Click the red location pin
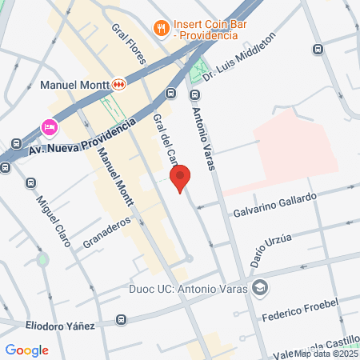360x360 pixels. pos(180,178)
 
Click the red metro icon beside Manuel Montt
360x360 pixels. pos(119,83)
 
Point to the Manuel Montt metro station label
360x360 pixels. pos(74,83)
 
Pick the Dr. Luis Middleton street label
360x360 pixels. pos(239,56)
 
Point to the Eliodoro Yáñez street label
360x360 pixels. pos(59,326)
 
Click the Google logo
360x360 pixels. pos(26,350)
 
